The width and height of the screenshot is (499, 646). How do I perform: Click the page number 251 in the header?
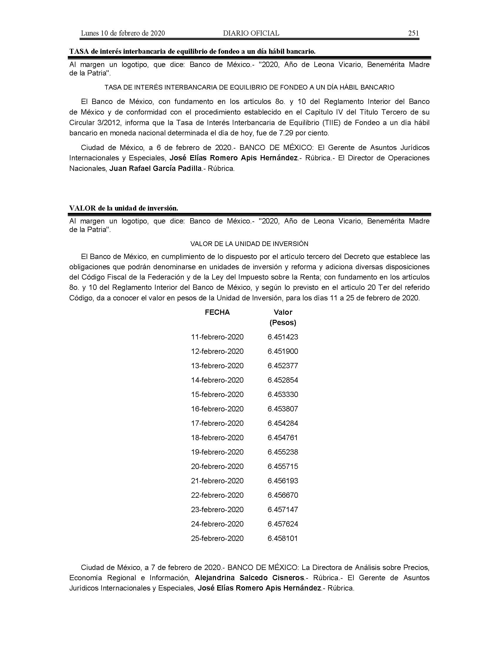pyautogui.click(x=413, y=33)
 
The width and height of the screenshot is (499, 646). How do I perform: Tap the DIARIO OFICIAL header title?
pyautogui.click(x=251, y=33)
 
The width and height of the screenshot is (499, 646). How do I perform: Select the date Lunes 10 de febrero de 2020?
pyautogui.click(x=123, y=33)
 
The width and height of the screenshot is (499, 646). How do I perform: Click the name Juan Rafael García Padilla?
pyautogui.click(x=156, y=169)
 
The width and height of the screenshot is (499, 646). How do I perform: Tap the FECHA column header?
pyautogui.click(x=217, y=312)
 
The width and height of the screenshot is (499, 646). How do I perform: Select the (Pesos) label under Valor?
pyautogui.click(x=283, y=322)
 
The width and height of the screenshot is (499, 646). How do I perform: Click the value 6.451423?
pyautogui.click(x=283, y=337)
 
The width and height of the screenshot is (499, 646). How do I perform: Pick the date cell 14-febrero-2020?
pyautogui.click(x=217, y=380)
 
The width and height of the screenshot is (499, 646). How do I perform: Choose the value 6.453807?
pyautogui.click(x=283, y=409)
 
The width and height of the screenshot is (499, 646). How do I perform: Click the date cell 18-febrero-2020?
pyautogui.click(x=217, y=438)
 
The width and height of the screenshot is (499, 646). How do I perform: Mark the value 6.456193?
pyautogui.click(x=283, y=481)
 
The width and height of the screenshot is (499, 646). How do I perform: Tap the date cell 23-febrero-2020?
pyautogui.click(x=217, y=509)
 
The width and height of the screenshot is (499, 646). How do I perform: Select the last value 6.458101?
pyautogui.click(x=283, y=538)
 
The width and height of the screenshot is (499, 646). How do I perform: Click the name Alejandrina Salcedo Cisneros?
pyautogui.click(x=249, y=578)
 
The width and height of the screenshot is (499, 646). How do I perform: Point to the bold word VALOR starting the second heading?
pyautogui.click(x=82, y=208)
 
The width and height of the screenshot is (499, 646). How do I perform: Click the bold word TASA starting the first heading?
pyautogui.click(x=79, y=51)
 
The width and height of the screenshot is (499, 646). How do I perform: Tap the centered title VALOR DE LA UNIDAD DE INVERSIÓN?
pyautogui.click(x=249, y=244)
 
